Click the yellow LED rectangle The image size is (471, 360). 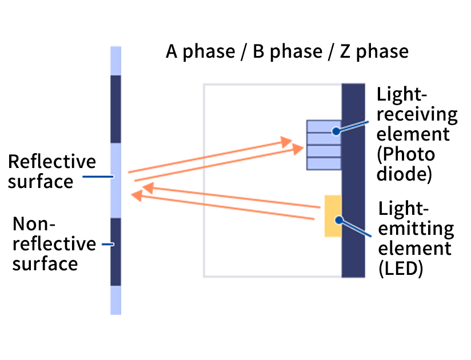click(x=333, y=215)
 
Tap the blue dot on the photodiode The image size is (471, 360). click(x=336, y=131)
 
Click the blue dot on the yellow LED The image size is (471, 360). click(x=338, y=219)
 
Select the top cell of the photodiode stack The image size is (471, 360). click(x=324, y=126)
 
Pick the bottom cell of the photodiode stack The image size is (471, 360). click(x=324, y=163)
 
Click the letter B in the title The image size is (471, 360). click(x=258, y=51)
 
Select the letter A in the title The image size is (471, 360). click(x=172, y=51)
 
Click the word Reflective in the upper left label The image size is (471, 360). click(x=52, y=162)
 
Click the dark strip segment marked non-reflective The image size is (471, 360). click(x=115, y=251)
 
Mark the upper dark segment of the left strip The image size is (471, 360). click(x=115, y=109)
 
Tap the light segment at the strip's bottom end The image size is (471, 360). click(x=115, y=300)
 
